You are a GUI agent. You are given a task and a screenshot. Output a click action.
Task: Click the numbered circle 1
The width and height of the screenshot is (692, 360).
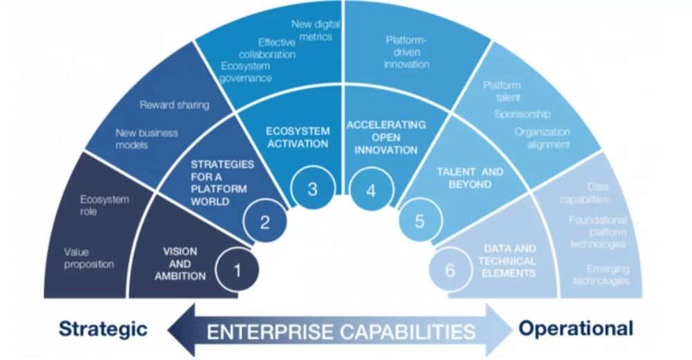237,271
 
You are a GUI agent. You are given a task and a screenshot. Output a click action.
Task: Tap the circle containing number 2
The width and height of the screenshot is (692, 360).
264,223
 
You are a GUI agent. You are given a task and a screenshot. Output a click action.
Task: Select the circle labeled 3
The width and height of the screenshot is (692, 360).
312,189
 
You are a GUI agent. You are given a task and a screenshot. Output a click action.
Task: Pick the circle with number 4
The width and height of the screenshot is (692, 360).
371,190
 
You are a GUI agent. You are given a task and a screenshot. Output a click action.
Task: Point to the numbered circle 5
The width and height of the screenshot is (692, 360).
419,222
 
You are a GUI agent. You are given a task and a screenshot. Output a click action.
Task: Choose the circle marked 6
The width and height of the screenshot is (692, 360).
450,270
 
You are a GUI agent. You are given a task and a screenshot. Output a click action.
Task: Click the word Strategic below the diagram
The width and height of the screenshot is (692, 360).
103,328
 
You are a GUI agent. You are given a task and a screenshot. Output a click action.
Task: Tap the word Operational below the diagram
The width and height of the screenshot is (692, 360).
576,327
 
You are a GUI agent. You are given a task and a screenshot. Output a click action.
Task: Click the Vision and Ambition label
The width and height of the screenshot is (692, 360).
185,264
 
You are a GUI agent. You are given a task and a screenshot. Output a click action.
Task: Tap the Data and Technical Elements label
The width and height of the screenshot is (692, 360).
507,261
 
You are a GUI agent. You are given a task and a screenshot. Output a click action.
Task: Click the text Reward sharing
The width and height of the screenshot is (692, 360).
174,105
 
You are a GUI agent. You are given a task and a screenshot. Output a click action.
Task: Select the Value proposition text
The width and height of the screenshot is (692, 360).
89,258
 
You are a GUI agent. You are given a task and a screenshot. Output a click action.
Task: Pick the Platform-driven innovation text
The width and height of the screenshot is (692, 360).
407,52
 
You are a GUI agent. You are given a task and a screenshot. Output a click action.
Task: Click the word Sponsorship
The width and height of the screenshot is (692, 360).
522,114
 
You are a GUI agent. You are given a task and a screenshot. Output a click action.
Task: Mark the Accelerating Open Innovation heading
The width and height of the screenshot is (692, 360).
387,137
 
